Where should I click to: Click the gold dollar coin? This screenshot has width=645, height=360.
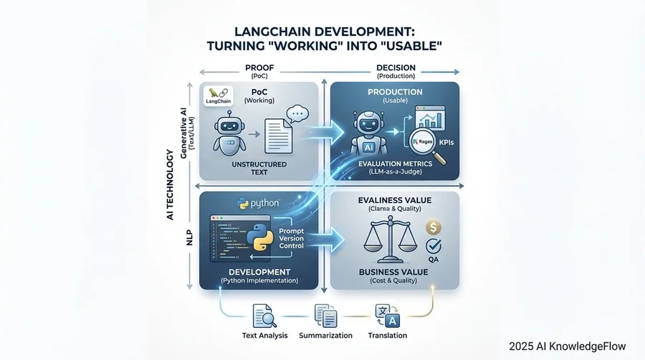432,227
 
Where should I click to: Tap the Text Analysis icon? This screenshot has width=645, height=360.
259,313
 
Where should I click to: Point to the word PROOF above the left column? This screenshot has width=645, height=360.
255,69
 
